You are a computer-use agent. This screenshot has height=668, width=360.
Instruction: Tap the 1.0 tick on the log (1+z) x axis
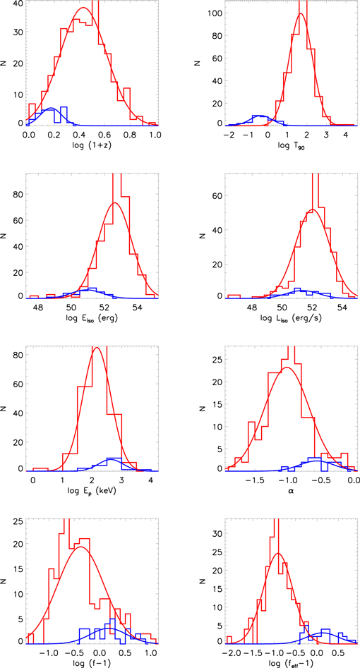[x=155, y=134]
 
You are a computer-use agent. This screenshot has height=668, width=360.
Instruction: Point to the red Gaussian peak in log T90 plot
[x=301, y=14]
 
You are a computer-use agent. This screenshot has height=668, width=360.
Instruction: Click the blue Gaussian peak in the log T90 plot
[x=260, y=115]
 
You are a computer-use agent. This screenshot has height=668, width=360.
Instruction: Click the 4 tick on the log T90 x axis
[x=346, y=134]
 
